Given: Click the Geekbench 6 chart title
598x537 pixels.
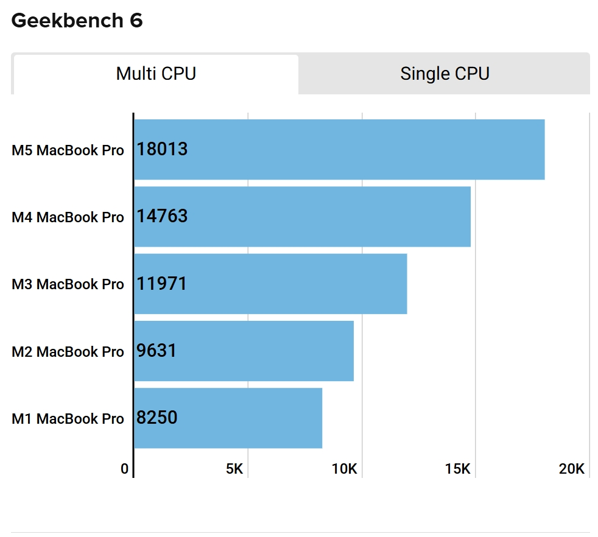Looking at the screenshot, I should point(77,21).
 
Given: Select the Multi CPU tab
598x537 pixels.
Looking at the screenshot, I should point(156,74).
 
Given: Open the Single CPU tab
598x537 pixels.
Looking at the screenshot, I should point(445,74).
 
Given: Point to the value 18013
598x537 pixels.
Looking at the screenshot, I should point(162,150).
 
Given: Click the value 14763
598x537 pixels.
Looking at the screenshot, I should point(162,217).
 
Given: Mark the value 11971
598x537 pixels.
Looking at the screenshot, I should point(161,284).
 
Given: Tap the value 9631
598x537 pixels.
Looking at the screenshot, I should point(157,351).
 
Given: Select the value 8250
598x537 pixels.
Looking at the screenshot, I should point(157,418).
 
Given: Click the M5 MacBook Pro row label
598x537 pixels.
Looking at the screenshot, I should point(68,150).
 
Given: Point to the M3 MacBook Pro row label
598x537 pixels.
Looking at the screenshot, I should point(68,284).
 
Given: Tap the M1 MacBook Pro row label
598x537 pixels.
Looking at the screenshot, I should point(68,419).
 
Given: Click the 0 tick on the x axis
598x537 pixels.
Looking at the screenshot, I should point(125,469).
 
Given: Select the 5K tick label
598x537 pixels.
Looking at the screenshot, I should point(234,469).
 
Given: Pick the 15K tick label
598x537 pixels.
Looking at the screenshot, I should point(458,469).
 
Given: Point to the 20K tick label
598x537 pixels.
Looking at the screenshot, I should point(572,469).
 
